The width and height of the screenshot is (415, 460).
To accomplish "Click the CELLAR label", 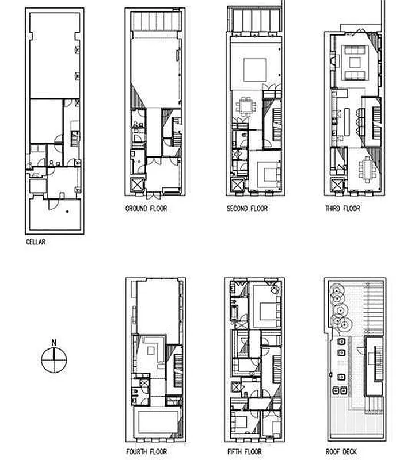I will tap(36, 242).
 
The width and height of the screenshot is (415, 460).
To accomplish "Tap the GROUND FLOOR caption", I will tap(146, 208).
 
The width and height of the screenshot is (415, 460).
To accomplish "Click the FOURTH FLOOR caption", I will tap(147, 452).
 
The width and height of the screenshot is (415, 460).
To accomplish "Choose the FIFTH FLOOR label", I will tap(244, 452).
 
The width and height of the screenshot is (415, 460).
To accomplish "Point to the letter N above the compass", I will tap(54, 343).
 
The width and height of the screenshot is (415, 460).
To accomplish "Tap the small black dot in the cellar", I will tap(67, 212).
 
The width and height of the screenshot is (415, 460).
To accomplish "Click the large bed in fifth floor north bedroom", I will tap(268, 310).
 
